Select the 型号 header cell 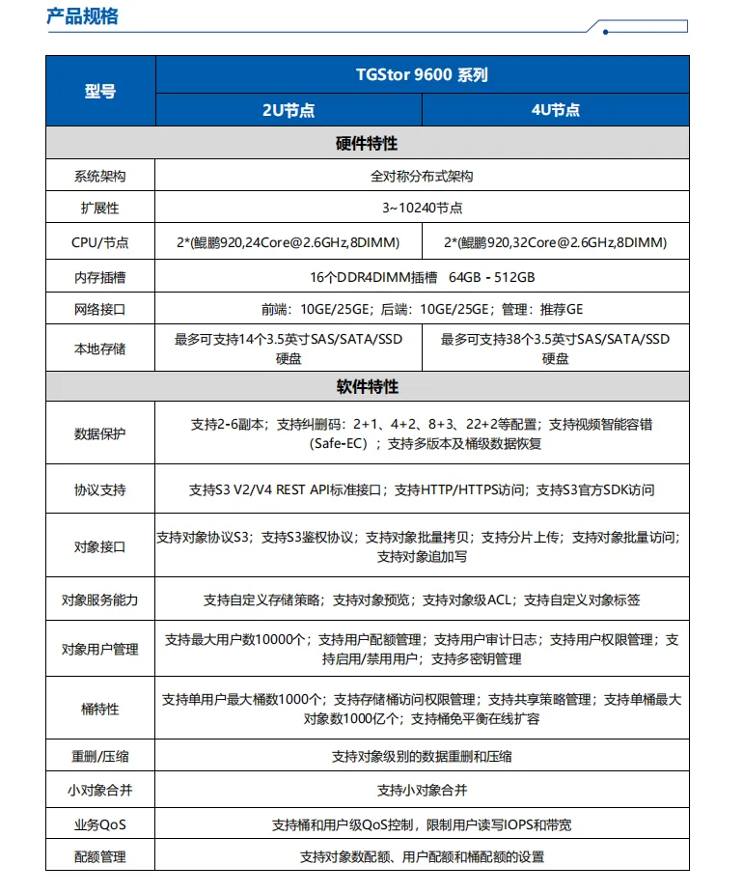coord(100,92)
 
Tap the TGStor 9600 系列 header coord(422,74)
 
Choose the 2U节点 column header coord(289,110)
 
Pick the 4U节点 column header coord(556,110)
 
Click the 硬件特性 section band coord(367,144)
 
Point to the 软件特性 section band coord(367,387)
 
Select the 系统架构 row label coord(100,177)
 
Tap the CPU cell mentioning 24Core coord(289,242)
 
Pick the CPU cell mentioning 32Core coord(556,242)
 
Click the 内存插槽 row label coord(100,277)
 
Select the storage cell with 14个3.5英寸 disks coord(289,349)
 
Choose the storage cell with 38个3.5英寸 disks coord(556,349)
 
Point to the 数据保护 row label coord(100,434)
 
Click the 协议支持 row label coord(100,490)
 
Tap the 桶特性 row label coord(100,710)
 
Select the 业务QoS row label coord(100,825)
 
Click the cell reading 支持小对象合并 coord(422,791)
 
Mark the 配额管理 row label coord(100,856)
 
